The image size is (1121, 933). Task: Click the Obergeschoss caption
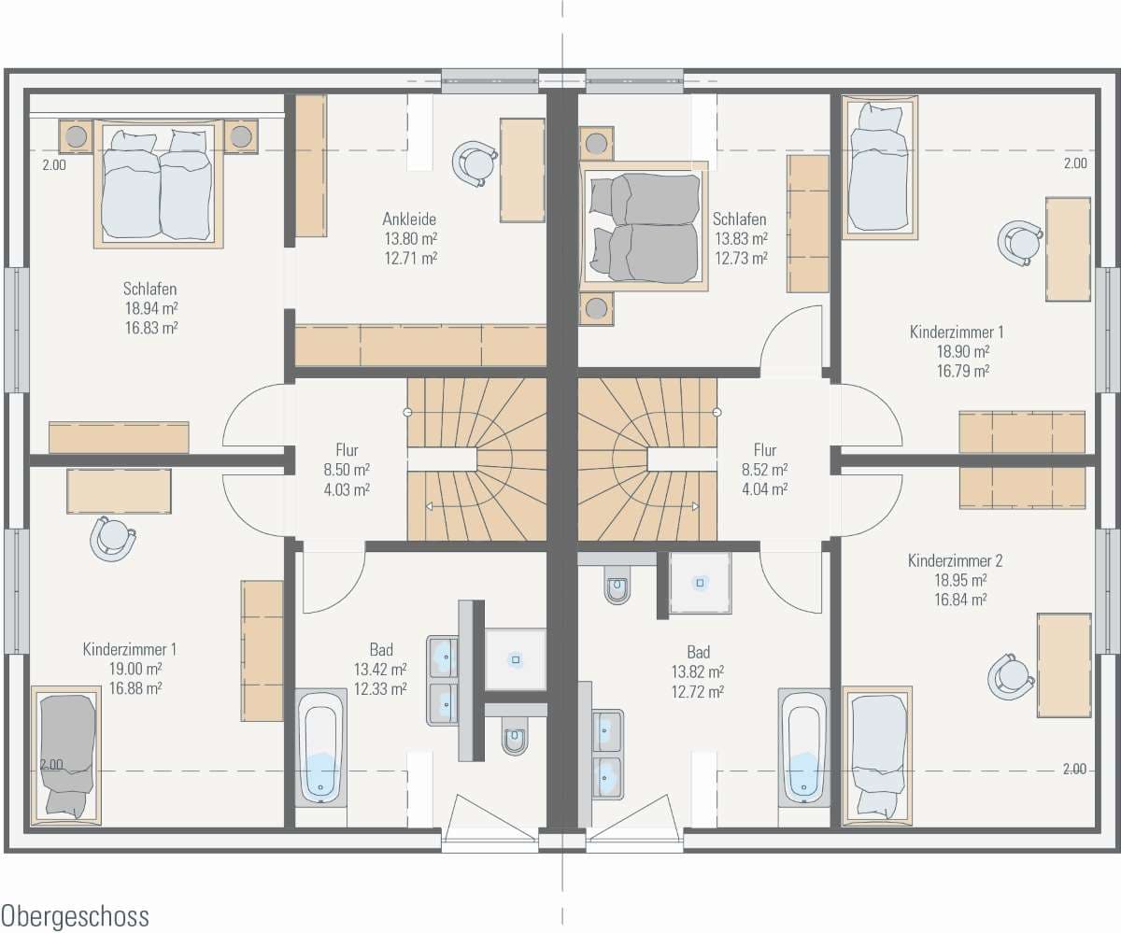click(75, 915)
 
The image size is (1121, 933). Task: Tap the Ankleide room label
click(409, 219)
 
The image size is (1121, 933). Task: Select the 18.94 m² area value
click(151, 308)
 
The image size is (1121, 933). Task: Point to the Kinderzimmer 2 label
click(955, 561)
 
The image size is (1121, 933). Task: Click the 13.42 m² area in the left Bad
click(380, 670)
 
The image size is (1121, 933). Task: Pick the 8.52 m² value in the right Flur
click(764, 470)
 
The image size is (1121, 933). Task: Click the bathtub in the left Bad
click(320, 746)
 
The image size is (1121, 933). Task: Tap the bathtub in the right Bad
click(803, 746)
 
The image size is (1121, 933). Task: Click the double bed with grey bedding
click(644, 226)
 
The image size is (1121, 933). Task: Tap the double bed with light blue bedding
click(159, 184)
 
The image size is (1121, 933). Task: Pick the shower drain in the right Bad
click(700, 583)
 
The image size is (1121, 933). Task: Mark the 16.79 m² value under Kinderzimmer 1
click(963, 371)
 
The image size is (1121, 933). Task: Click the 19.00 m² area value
click(135, 669)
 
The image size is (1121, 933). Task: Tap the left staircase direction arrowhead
click(429, 506)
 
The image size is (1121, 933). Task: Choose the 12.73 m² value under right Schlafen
click(741, 258)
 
